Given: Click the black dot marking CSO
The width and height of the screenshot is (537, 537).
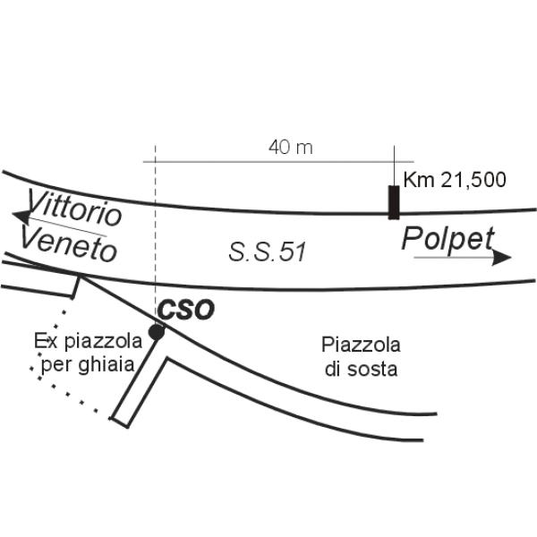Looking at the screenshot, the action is (157, 332).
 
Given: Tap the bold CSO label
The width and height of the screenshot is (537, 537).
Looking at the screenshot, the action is (186, 310).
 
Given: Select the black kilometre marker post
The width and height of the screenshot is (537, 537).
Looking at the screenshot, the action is (393, 201).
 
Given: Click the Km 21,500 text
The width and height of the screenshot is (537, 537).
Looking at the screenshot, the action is (455, 179).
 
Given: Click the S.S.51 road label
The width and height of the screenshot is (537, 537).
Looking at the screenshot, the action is (268, 252).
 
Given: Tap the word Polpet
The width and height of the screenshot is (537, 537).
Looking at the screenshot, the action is (447, 239).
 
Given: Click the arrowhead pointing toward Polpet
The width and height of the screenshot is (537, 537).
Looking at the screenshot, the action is (504, 258).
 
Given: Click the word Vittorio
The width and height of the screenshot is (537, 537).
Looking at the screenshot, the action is (75, 208).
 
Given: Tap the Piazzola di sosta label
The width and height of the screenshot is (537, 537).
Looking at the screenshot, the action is (361, 356).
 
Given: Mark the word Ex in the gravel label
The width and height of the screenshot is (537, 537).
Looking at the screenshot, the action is (42, 341).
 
